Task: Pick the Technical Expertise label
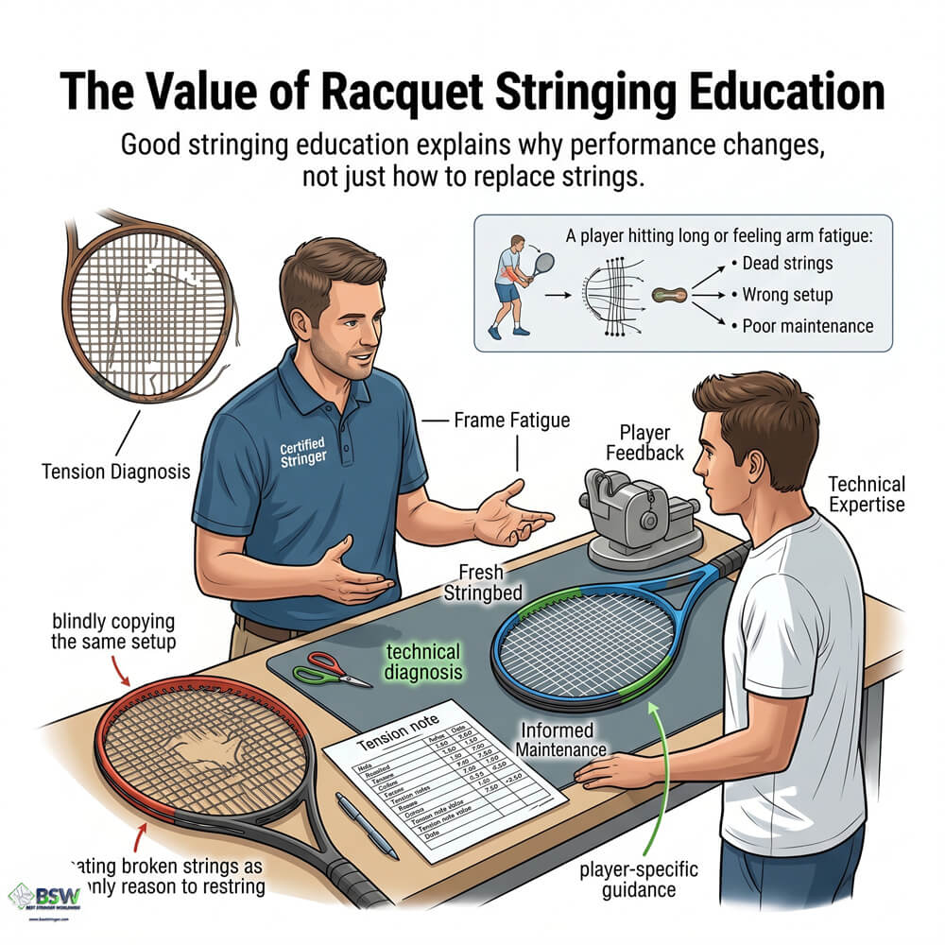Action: pos(866,493)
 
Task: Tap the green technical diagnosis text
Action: pos(422,661)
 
